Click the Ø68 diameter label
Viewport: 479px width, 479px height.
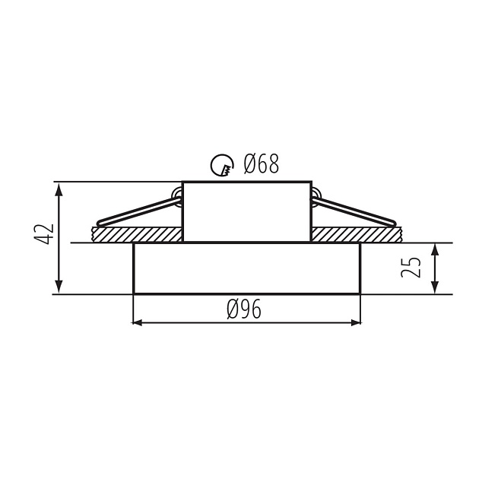pos(261,163)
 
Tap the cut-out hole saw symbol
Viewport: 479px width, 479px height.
pos(220,163)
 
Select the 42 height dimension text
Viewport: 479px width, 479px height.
pos(45,234)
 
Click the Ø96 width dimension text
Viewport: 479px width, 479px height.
pos(245,309)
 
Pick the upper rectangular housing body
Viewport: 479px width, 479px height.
pos(246,211)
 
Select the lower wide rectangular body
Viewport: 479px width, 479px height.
pos(246,268)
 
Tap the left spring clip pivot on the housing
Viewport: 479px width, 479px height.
pos(177,195)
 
